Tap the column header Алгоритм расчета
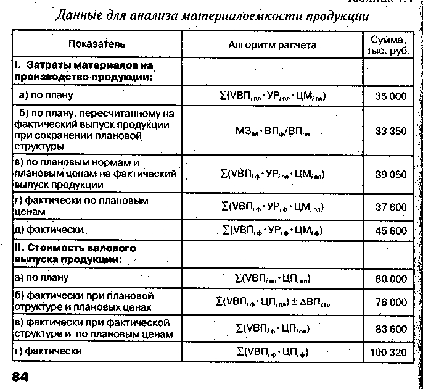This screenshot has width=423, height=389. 272,44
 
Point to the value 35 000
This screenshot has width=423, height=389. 391,96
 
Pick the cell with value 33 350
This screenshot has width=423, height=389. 391,131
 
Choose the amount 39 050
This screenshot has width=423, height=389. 391,175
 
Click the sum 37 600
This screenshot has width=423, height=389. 391,207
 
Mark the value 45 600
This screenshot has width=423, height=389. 391,231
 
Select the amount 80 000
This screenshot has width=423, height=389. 391,279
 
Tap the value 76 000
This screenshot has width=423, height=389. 391,303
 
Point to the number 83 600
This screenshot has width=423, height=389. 391,330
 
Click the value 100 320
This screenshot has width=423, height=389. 388,353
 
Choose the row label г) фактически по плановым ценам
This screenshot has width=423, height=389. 80,206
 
